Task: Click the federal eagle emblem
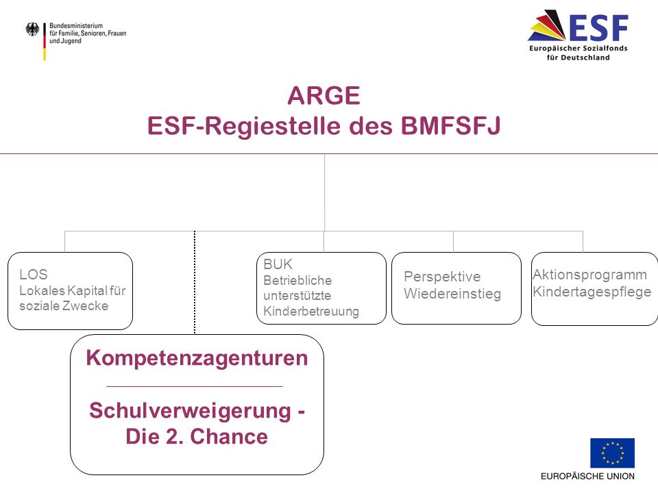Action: (32, 29)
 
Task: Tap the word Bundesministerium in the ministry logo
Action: (76, 25)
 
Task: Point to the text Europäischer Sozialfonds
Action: (578, 48)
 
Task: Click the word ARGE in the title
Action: (324, 96)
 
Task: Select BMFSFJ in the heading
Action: (450, 125)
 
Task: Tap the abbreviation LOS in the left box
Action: (33, 274)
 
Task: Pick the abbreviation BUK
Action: (278, 264)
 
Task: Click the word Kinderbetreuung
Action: (311, 312)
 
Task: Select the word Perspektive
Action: (442, 277)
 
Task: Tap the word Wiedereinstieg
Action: (452, 294)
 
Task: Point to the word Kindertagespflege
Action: (592, 292)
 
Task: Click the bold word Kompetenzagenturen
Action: (197, 358)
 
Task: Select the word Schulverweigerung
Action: (190, 410)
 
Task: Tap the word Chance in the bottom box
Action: (229, 436)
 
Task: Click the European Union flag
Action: (612, 453)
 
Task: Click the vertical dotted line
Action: (195, 282)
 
